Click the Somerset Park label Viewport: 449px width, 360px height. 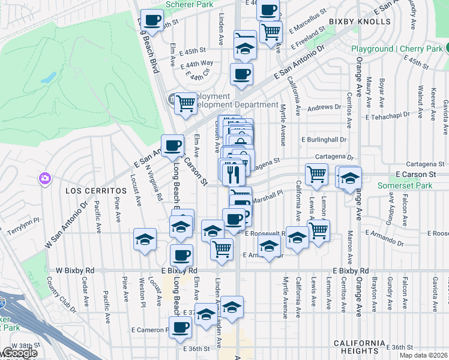click(405, 186)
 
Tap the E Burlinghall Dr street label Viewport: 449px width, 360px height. click(324, 139)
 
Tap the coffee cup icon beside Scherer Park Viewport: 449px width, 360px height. click(152, 20)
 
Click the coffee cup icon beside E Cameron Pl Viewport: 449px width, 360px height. click(181, 328)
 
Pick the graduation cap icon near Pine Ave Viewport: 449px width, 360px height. click(145, 240)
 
